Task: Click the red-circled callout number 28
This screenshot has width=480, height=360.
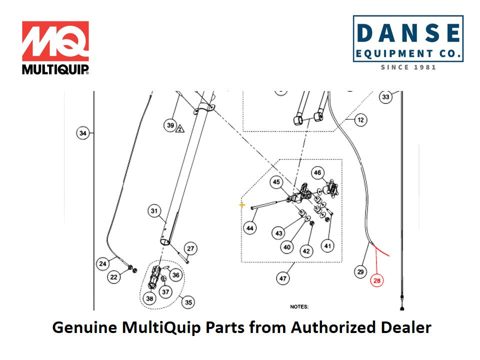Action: tap(377, 281)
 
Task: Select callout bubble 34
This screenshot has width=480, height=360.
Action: tap(83, 133)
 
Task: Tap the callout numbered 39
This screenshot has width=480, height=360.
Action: tap(170, 125)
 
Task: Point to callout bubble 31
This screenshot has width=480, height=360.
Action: tap(154, 210)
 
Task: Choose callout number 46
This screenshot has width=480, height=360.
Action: tap(318, 173)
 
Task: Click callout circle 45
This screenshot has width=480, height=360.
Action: tap(277, 182)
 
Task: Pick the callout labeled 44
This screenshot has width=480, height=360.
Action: tap(250, 228)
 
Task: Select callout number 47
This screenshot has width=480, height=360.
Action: tap(283, 278)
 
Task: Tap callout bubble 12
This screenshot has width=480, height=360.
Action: tap(360, 119)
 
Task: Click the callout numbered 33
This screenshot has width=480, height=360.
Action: tap(385, 97)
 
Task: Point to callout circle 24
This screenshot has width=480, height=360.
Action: tap(102, 263)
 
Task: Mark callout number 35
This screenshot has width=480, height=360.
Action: tap(188, 302)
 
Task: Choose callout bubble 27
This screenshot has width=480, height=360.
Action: tap(190, 248)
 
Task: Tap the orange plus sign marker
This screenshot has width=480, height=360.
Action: tap(242, 204)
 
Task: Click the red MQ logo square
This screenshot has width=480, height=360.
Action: tap(55, 41)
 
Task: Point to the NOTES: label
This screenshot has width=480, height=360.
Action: tap(299, 306)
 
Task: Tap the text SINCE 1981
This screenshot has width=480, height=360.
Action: tap(408, 67)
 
